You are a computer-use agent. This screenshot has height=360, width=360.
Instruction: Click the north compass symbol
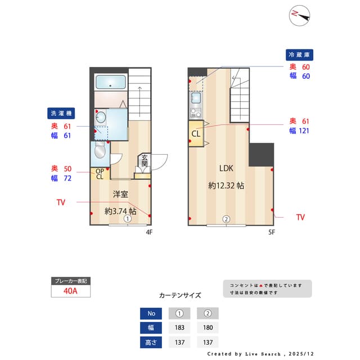point(300,15)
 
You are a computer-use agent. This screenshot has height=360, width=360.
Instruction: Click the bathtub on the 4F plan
point(110,82)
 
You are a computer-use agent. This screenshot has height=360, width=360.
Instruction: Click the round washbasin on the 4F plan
point(100,117)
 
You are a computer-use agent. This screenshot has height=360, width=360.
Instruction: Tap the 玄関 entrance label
point(144,161)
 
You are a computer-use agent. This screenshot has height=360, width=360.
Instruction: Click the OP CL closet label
point(99,174)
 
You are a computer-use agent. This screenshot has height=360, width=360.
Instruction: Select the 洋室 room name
point(120,194)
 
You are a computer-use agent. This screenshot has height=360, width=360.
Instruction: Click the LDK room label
point(226,168)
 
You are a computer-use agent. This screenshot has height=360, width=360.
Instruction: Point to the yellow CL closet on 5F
point(196,134)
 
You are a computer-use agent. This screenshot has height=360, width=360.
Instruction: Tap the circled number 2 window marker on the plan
point(226,219)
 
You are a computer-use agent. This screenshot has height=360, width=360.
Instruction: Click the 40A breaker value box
point(71,291)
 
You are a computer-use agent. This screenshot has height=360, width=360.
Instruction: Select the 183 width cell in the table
point(179,327)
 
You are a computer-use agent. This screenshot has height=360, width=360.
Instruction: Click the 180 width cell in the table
point(208,327)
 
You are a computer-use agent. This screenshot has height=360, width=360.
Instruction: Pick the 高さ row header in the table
point(150,341)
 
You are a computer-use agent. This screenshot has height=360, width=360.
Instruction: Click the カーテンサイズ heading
point(180,295)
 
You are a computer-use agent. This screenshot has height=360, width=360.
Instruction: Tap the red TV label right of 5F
point(300,217)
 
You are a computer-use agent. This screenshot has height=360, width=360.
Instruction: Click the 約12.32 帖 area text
point(226,185)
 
